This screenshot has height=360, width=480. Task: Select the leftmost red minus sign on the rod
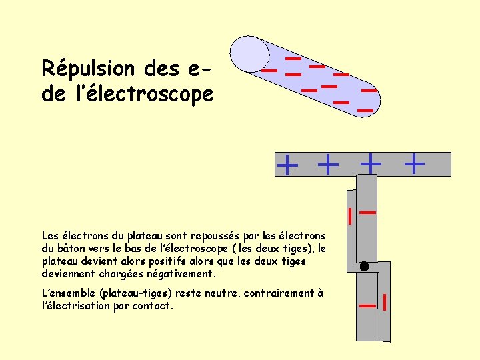pos(269,69)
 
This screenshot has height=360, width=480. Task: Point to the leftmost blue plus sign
pos(287,164)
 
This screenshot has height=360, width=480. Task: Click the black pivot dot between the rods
pos(364,266)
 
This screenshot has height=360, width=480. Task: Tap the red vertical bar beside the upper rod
pos(349,216)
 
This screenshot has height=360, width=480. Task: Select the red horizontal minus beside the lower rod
pos(367,305)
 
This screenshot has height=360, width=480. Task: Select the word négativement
pos(181,274)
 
